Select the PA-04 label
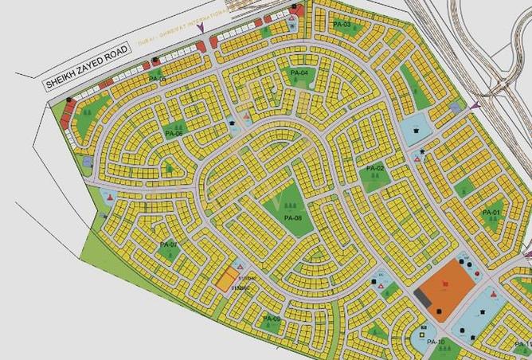click(299, 73)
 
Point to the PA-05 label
click(157, 80)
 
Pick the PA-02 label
click(375, 169)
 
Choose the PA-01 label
click(491, 213)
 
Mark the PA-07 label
click(168, 244)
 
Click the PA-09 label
click(272, 319)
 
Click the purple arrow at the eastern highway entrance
click(475, 105)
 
